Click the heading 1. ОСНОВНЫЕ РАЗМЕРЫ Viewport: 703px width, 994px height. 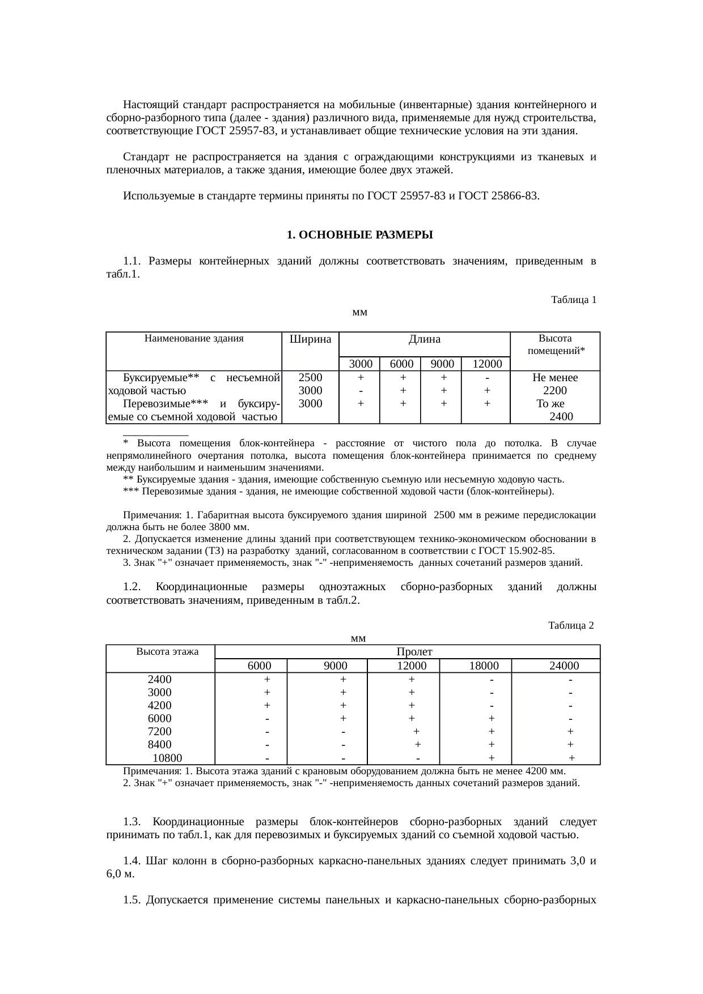point(359,234)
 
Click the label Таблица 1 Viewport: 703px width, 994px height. point(573,300)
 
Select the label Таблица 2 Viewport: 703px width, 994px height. point(571,625)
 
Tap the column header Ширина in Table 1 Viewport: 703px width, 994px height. point(310,339)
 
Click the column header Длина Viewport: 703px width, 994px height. point(425,339)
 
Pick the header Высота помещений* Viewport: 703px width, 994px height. point(555,344)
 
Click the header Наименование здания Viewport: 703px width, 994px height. point(194,339)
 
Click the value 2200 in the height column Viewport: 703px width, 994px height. point(554,391)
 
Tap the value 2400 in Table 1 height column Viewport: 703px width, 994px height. point(561,417)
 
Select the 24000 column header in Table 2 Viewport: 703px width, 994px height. point(564,666)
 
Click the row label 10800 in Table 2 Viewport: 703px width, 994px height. point(168,758)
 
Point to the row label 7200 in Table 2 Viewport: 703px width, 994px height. point(159,732)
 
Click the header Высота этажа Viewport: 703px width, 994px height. point(167,651)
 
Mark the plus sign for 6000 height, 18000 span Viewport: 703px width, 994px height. point(492,719)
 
